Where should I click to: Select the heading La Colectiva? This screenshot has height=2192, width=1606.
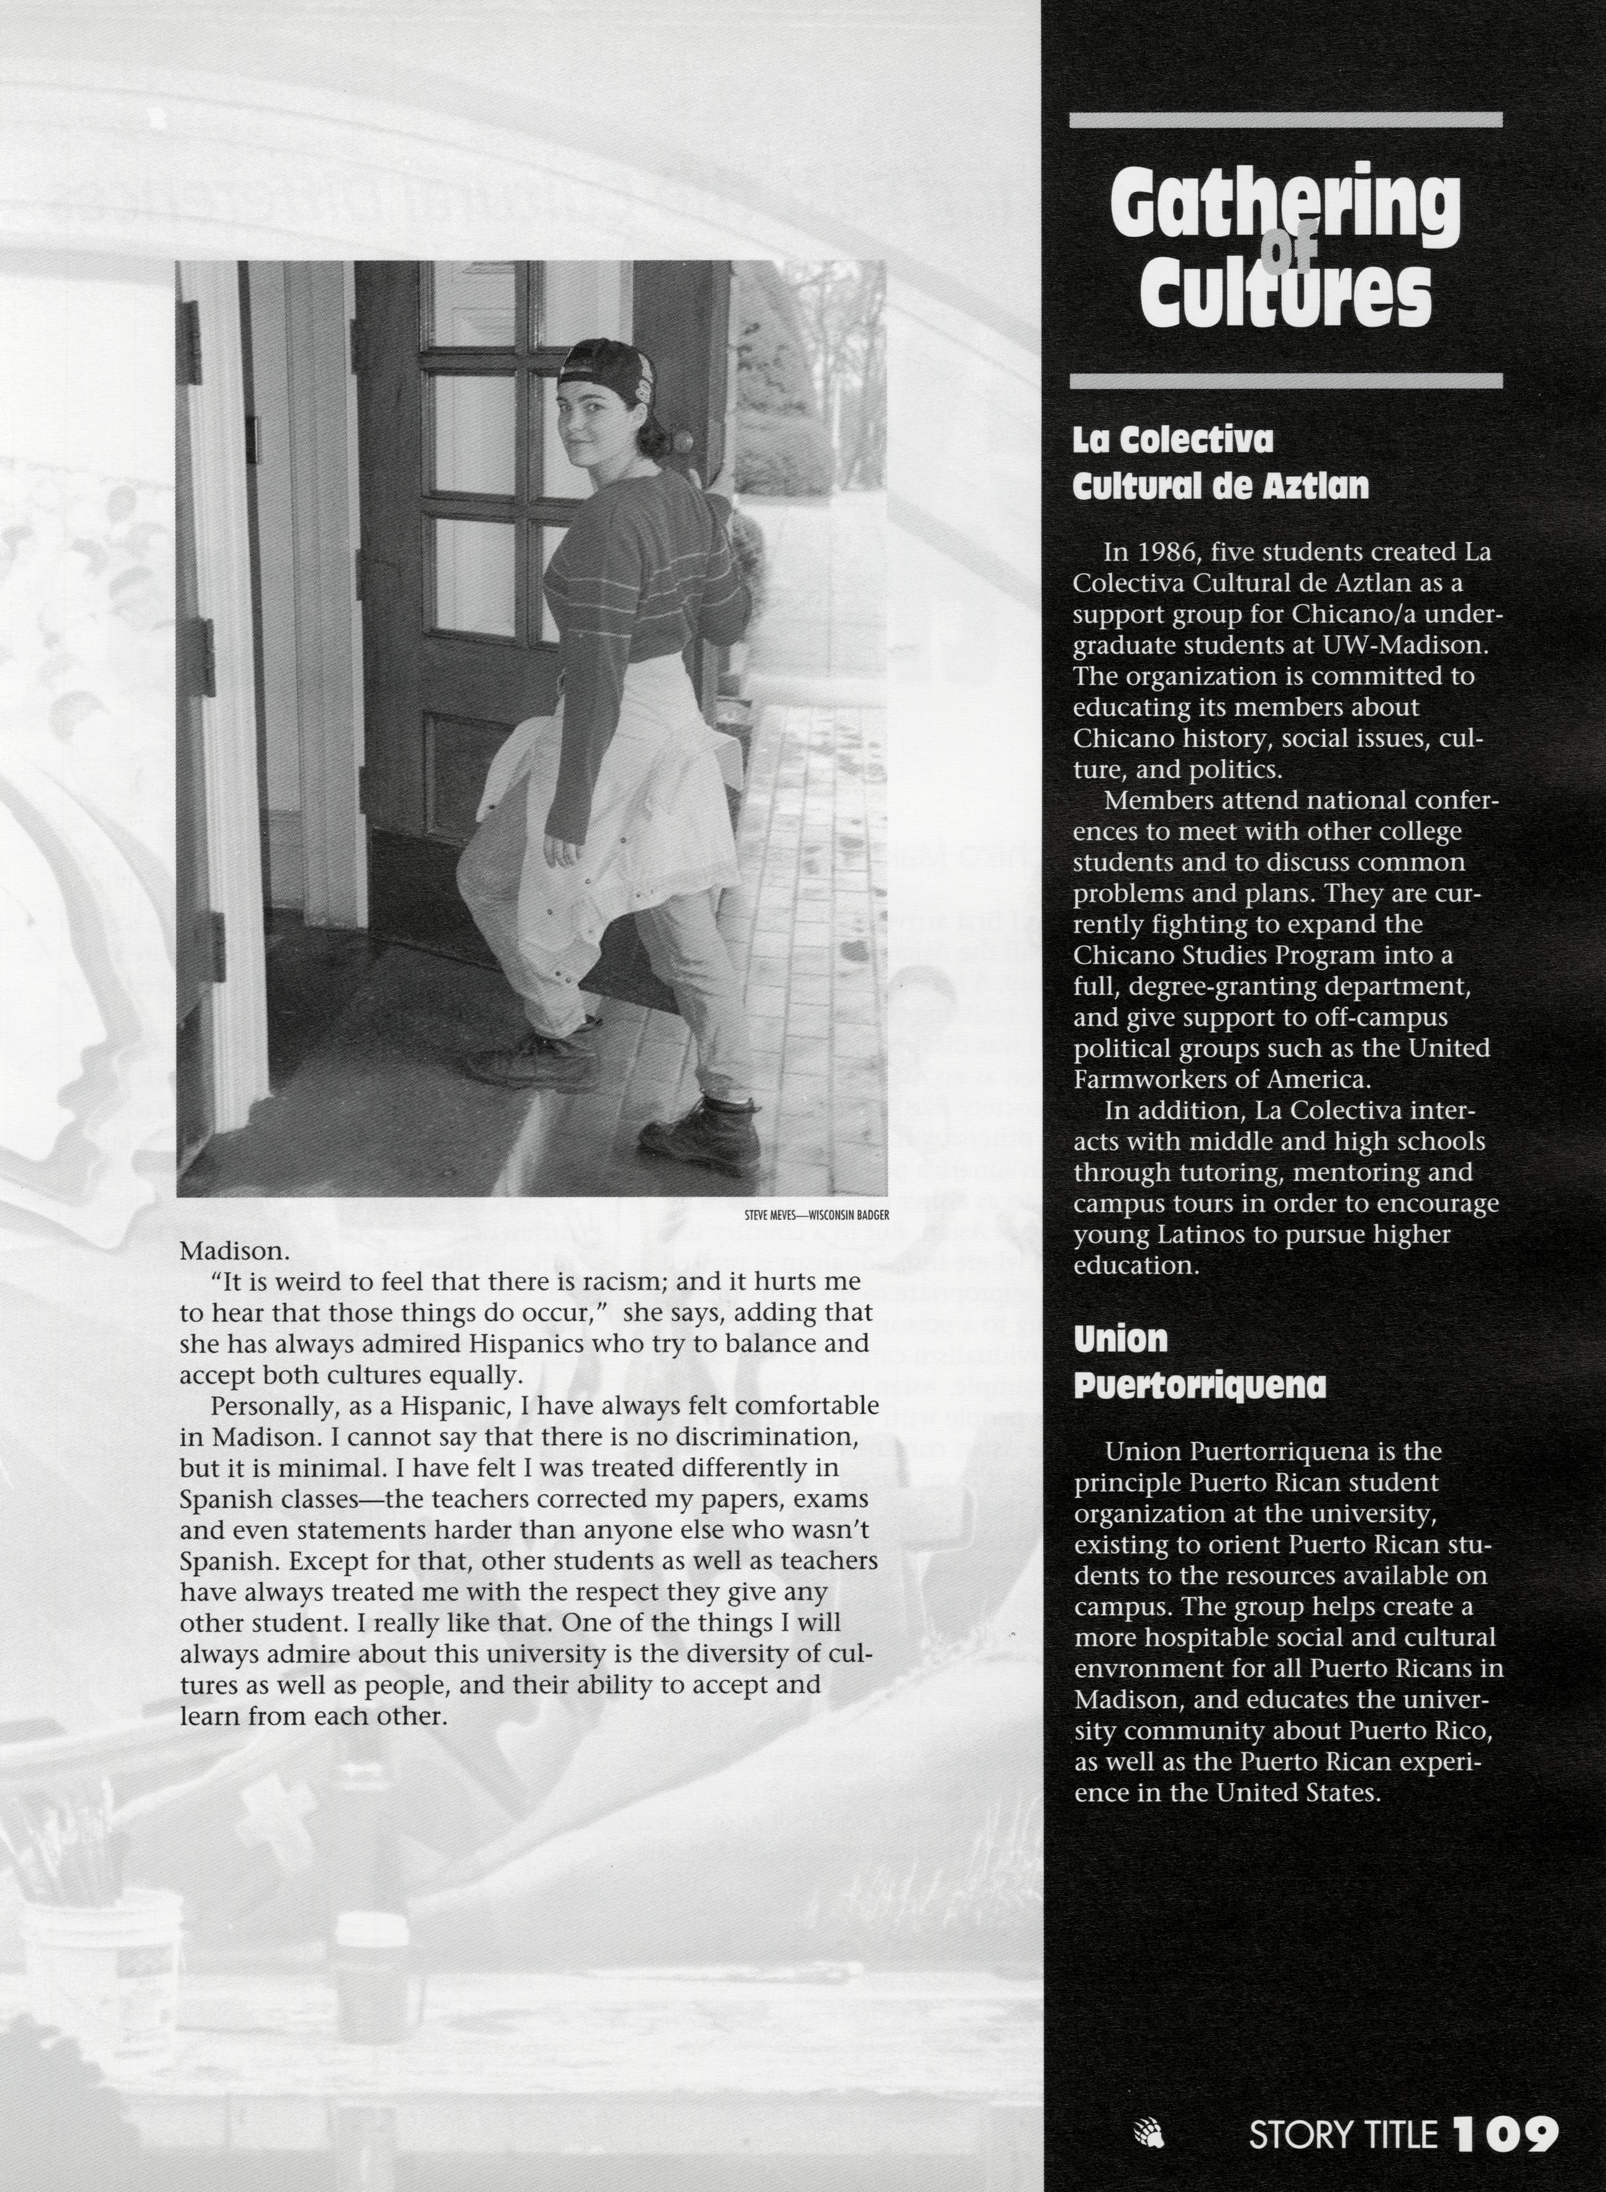(x=1172, y=441)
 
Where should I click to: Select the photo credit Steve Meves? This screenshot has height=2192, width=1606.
(x=769, y=1214)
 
